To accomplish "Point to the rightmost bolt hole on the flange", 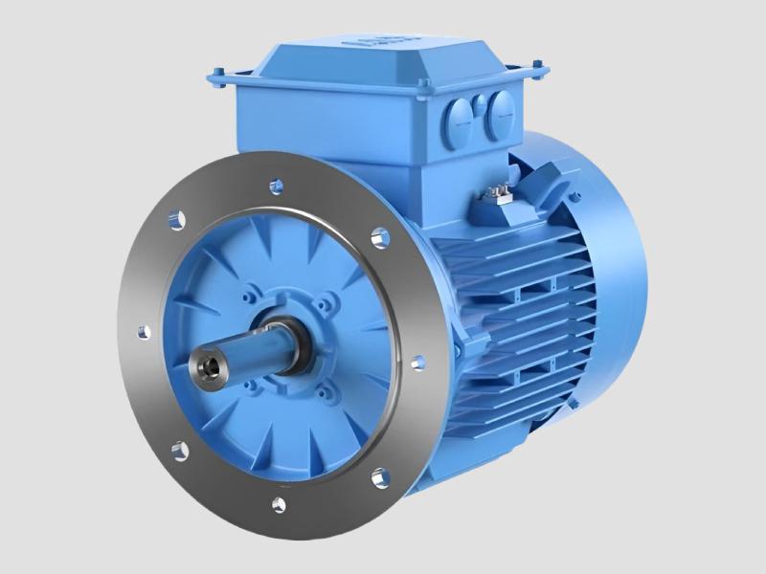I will click(x=417, y=363).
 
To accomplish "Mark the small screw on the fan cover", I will click(x=575, y=197).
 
